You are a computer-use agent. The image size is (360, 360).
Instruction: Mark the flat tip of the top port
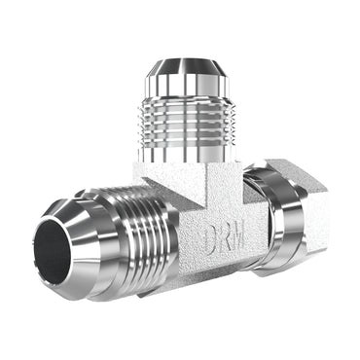(x=181, y=64)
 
